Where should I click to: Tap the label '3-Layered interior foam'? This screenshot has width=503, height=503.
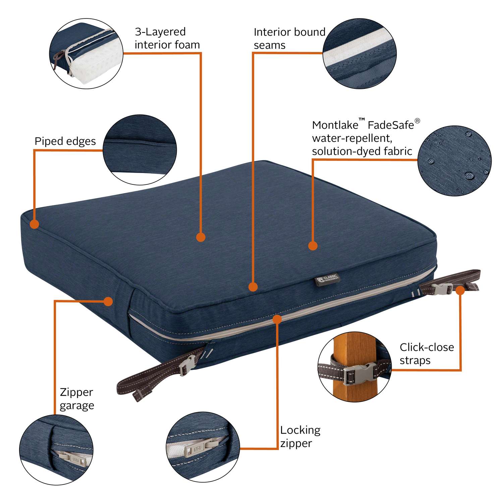point(167,38)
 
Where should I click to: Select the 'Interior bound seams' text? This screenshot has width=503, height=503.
point(289,39)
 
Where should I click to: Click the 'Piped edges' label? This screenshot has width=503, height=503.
point(65,141)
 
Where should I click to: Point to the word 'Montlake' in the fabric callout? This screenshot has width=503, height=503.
point(330,125)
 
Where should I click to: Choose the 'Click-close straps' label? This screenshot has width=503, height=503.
point(427,354)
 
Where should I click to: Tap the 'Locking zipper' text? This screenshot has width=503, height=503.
point(300,436)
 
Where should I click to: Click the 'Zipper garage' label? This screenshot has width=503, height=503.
point(76,399)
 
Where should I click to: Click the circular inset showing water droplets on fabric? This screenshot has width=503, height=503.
point(454,161)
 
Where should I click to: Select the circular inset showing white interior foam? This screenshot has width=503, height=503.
point(86,54)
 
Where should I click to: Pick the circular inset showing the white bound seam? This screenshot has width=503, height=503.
point(360,54)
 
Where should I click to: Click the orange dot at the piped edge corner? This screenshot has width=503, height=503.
point(34,224)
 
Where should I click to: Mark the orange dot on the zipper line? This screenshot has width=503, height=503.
point(277,319)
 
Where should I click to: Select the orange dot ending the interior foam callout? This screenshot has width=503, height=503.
point(201,237)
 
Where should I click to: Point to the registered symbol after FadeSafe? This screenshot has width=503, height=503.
point(417,121)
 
